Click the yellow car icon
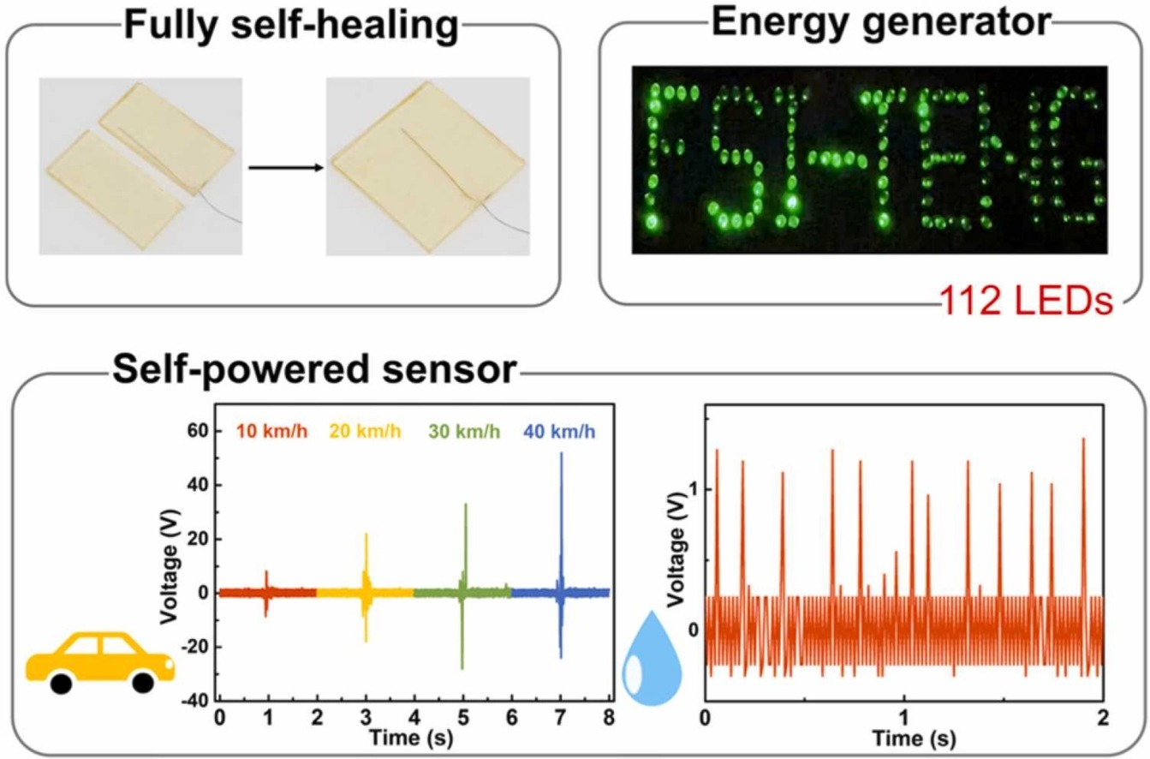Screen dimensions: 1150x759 pos(100,662)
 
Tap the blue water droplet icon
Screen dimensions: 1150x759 pos(652,658)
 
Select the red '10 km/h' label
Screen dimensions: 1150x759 pos(271,432)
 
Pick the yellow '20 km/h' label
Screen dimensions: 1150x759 pos(365,432)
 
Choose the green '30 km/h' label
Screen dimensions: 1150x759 pos(464,432)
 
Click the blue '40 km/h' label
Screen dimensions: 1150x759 pos(560,432)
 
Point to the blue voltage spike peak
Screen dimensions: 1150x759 pos(562,452)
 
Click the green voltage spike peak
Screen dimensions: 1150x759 pos(466,504)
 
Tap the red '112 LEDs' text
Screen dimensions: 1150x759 pos(1027,301)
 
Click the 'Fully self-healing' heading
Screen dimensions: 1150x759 pos(291,26)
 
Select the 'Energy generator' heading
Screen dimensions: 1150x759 pos(881,23)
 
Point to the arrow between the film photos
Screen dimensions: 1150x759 pos(286,168)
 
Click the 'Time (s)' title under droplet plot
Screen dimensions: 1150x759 pos(915,738)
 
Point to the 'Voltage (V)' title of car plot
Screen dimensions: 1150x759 pos(170,567)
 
